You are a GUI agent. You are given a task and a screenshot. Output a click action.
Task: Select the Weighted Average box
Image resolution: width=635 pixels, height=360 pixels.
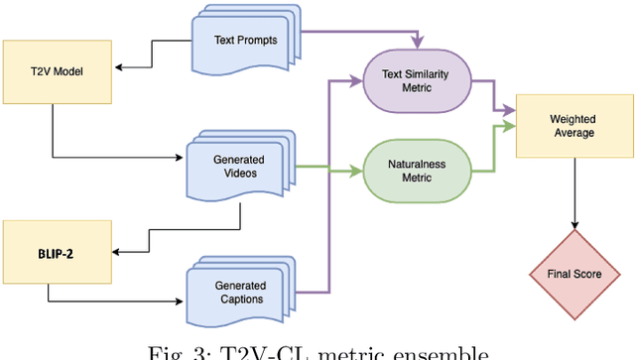click(x=573, y=127)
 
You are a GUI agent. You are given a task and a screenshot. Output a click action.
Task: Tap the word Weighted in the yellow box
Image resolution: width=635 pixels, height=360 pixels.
click(x=573, y=120)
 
